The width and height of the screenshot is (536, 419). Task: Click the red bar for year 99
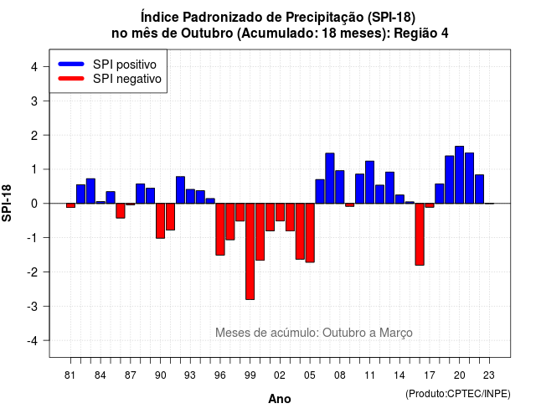[x=250, y=251]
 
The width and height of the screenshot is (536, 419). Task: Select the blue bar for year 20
[x=460, y=175]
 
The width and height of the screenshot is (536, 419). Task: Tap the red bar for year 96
[x=220, y=229]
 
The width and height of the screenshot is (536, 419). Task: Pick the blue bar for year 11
[x=369, y=183]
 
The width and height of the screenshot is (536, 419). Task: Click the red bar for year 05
[x=310, y=233]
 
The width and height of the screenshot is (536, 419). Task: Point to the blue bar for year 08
[x=340, y=187]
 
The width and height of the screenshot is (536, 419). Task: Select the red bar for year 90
[x=160, y=221]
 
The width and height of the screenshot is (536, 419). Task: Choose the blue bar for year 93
[x=190, y=196]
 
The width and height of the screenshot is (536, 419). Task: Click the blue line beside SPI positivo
[x=71, y=64]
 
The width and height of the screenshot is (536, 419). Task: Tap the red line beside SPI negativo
[x=71, y=78]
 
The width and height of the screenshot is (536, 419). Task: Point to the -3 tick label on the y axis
[x=33, y=307]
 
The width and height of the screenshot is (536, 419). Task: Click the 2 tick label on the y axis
[x=34, y=136]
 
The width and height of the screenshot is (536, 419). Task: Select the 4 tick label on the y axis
[x=34, y=67]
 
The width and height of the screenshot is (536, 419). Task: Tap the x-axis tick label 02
[x=280, y=375]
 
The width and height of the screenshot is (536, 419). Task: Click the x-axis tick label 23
[x=489, y=375]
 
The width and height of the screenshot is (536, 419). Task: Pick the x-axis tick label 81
[x=70, y=375]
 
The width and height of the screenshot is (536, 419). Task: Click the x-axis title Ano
[x=280, y=399]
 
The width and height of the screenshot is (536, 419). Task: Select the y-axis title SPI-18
[x=7, y=203]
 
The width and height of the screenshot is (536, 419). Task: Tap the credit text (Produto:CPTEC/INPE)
[x=458, y=394]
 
